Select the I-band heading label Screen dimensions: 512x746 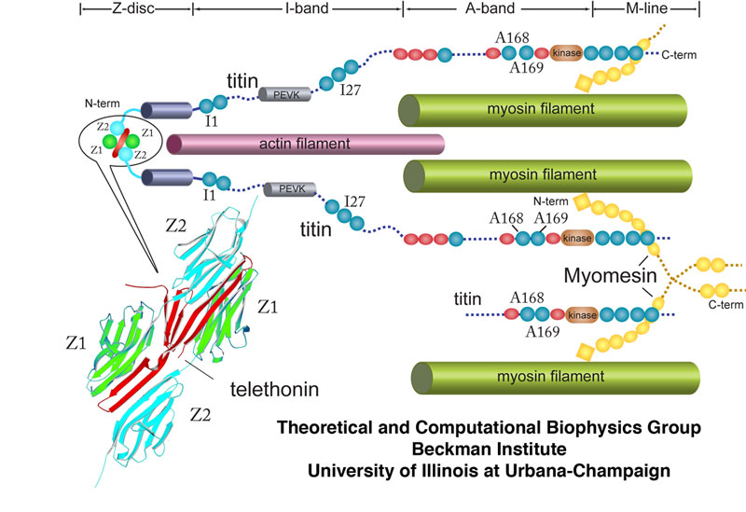point(297,10)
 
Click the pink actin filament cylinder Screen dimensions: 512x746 point(305,144)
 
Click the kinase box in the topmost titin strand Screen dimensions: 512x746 point(566,53)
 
